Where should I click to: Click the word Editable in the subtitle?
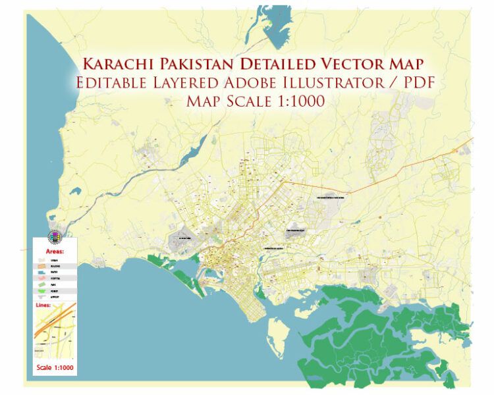pos(112,84)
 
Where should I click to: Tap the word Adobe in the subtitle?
pos(250,84)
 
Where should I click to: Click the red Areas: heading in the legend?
pos(55,252)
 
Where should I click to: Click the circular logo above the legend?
pos(53,236)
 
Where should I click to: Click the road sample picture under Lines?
pos(55,332)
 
